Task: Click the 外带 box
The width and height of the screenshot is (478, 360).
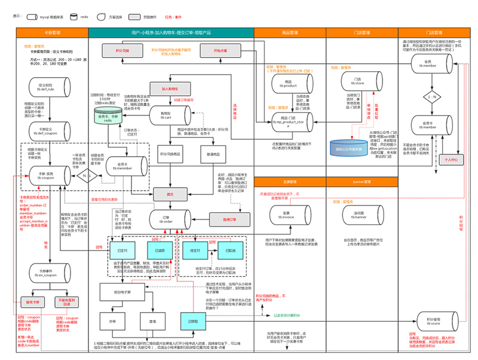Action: tap(112, 321)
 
